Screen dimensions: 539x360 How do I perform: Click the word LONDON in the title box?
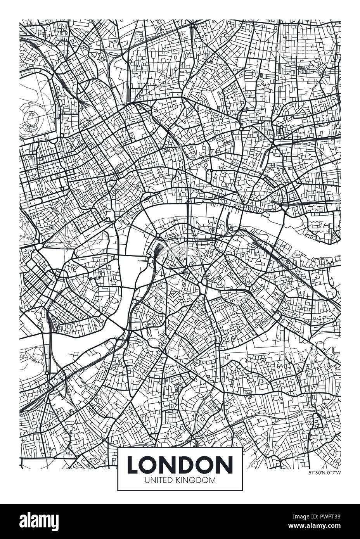[180, 465]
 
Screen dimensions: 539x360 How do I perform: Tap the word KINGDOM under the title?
[197, 480]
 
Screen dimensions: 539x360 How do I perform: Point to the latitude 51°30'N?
[316, 473]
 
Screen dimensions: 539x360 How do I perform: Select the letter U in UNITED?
[146, 480]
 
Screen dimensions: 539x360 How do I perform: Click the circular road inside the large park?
[30, 117]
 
